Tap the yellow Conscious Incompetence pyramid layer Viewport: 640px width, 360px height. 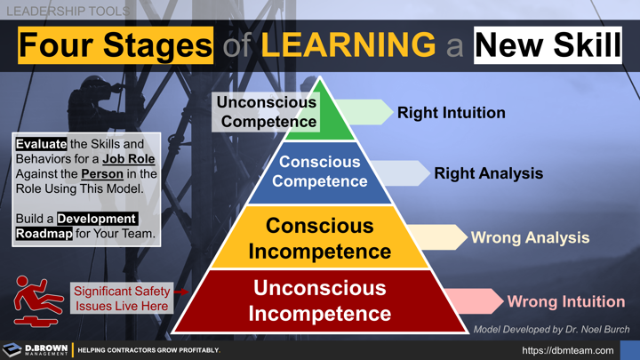click(320, 238)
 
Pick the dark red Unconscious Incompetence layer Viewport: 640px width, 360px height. click(320, 300)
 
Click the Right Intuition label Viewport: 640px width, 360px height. click(451, 113)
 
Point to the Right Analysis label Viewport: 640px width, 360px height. click(488, 173)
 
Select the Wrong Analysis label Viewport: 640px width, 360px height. click(530, 237)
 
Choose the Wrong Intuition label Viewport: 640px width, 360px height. click(565, 301)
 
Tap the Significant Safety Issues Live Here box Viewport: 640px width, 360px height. click(120, 298)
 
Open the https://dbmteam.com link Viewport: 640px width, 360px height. click(567, 350)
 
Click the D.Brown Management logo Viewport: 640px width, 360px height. click(36, 349)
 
